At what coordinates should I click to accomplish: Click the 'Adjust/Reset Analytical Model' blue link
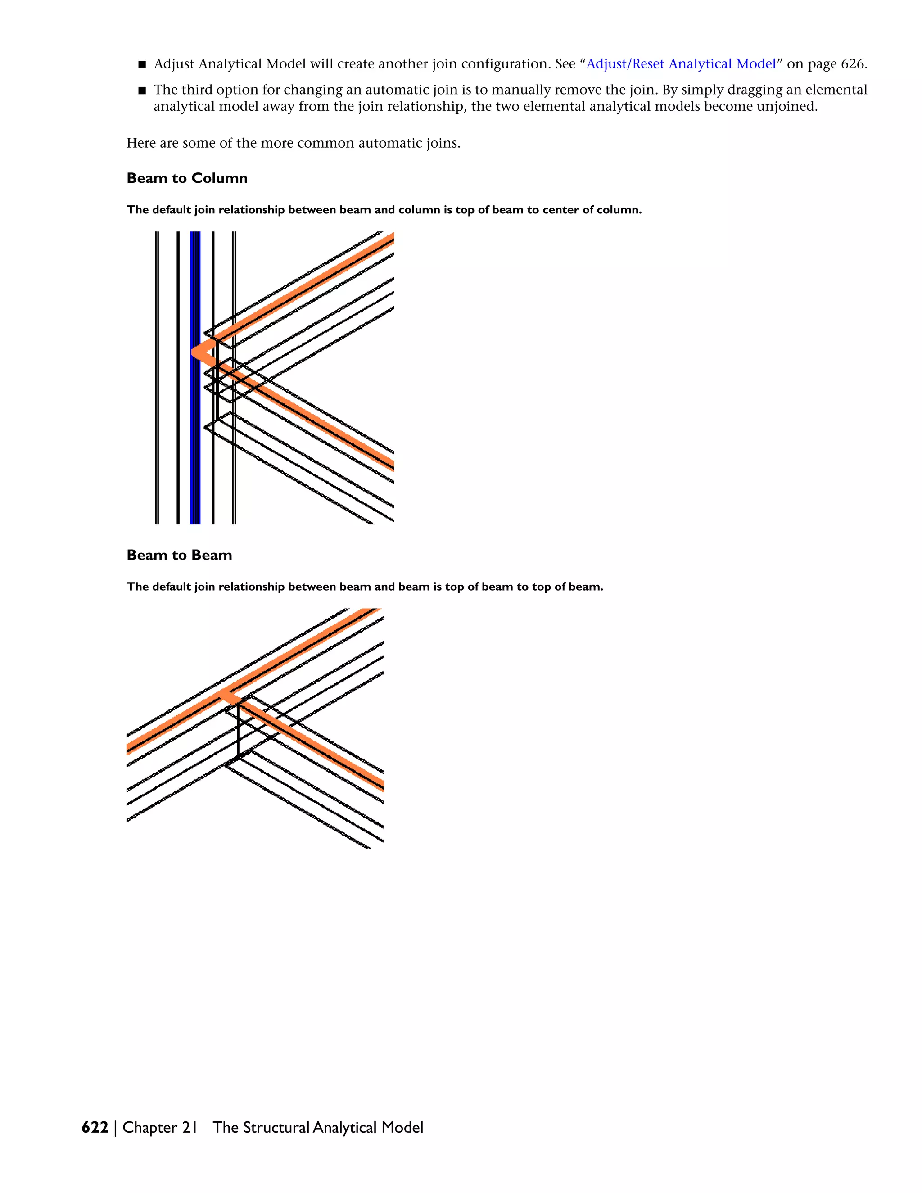click(x=681, y=64)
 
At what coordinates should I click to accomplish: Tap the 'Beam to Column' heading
click(x=187, y=178)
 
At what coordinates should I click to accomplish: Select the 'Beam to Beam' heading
click(x=179, y=555)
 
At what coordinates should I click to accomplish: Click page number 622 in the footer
click(x=95, y=1127)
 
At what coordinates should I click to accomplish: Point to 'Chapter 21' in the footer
click(x=159, y=1127)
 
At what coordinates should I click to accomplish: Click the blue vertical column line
click(x=195, y=437)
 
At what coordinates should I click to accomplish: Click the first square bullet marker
click(x=142, y=65)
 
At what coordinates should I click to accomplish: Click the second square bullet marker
click(x=142, y=90)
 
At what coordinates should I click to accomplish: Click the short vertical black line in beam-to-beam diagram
click(x=239, y=732)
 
